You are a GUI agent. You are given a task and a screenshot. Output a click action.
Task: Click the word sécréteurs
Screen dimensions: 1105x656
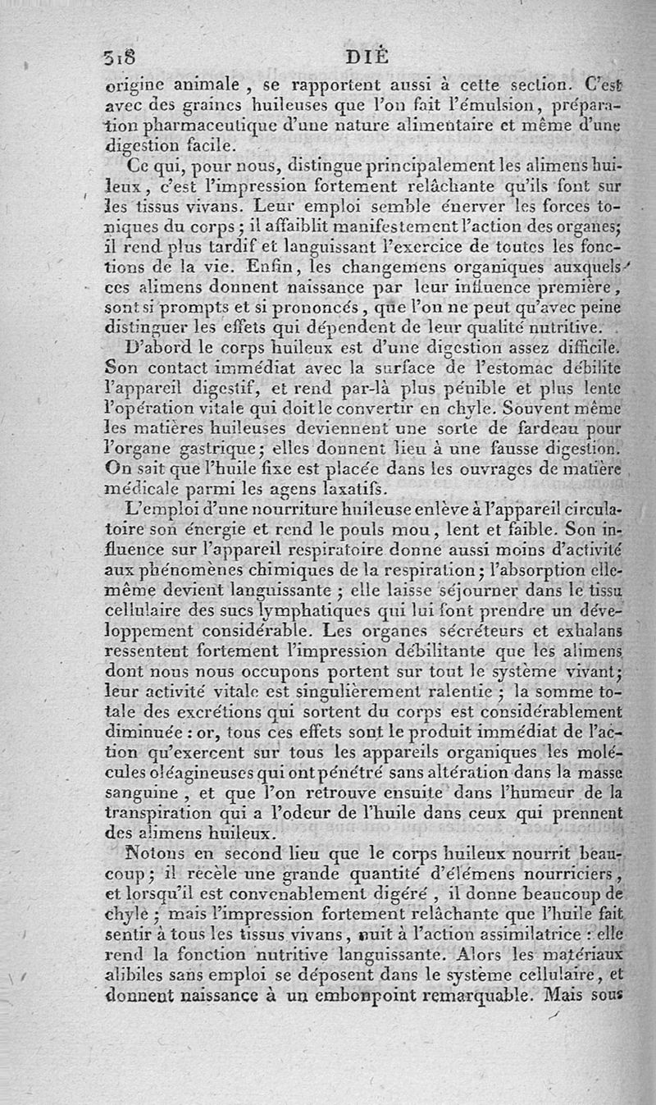[469, 629]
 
